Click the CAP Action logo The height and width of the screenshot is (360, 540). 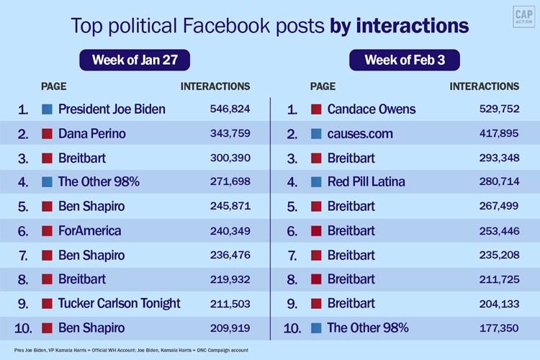click(x=523, y=18)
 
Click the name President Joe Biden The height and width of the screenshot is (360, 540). click(x=112, y=109)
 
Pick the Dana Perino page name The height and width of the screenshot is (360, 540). click(x=91, y=133)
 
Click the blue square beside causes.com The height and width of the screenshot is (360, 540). click(x=315, y=133)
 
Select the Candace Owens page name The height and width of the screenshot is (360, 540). click(x=371, y=109)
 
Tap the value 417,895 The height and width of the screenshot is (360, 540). click(x=499, y=134)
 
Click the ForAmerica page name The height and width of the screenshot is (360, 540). click(x=90, y=231)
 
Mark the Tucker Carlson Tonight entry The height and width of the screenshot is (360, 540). click(x=119, y=303)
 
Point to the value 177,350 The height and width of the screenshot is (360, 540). click(x=499, y=328)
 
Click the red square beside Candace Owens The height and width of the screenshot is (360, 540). click(x=315, y=109)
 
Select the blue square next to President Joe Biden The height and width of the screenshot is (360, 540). click(x=47, y=109)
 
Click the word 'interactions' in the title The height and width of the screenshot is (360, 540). click(x=400, y=27)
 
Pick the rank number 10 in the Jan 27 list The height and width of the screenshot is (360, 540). click(x=23, y=328)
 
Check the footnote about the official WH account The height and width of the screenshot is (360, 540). click(x=126, y=349)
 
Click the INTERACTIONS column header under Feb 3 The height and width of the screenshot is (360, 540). click(x=484, y=86)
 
